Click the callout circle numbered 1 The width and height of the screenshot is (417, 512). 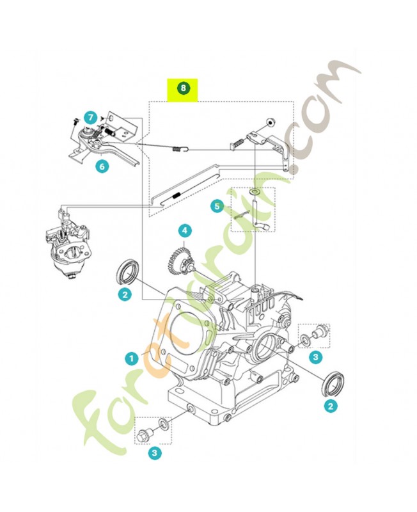(x=131, y=356)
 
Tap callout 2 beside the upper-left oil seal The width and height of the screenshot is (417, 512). (x=125, y=294)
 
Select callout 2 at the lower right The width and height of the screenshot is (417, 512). (x=330, y=405)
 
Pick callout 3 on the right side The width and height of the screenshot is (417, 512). (x=315, y=356)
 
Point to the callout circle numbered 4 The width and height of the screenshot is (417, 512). (x=184, y=230)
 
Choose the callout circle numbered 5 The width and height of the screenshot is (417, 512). (x=217, y=206)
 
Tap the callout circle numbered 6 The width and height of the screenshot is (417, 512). (x=102, y=166)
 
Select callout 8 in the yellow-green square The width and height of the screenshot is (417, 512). (x=184, y=88)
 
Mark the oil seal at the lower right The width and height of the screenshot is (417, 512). (x=331, y=382)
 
